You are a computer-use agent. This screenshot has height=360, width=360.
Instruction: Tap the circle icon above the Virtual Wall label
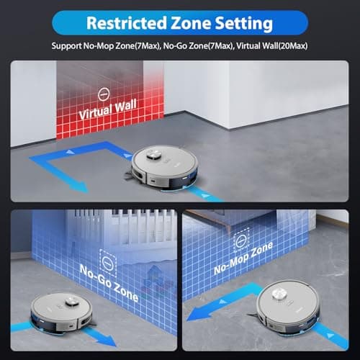click(103, 92)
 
